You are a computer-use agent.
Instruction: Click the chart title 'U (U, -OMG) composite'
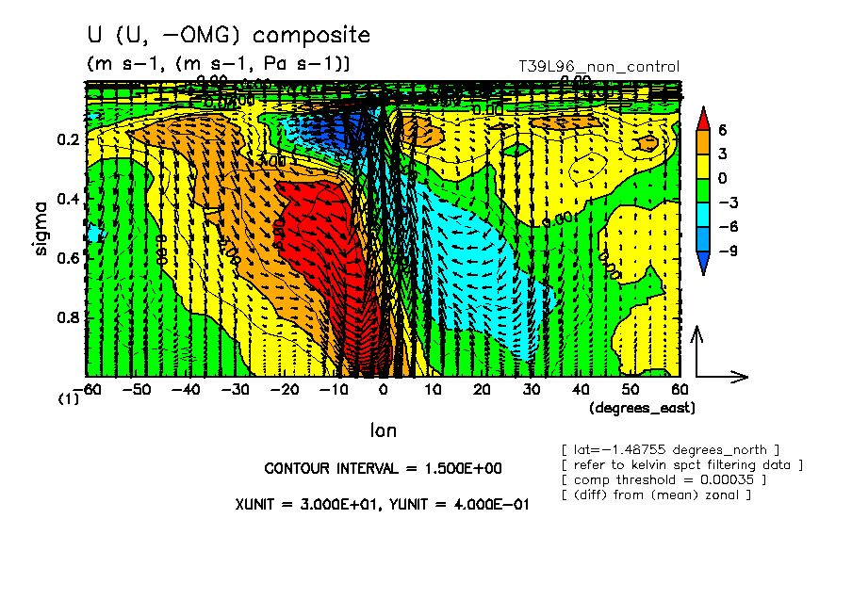(x=228, y=36)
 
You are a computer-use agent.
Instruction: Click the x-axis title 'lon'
(x=383, y=430)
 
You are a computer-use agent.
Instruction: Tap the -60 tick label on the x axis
(x=90, y=389)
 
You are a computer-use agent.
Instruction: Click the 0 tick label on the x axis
(x=383, y=389)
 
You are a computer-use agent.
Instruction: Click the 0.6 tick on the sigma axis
(x=67, y=258)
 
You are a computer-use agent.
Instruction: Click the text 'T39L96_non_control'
(x=598, y=67)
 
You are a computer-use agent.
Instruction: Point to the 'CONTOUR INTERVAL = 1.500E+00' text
(x=383, y=468)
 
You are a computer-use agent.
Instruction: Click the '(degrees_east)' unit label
(x=642, y=408)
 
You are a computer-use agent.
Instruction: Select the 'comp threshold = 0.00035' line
(x=664, y=479)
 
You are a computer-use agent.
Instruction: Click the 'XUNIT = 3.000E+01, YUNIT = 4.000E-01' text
(x=382, y=504)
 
